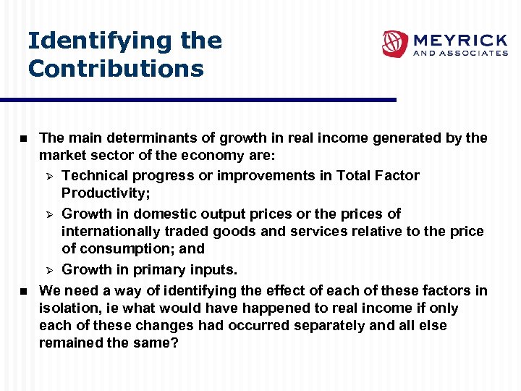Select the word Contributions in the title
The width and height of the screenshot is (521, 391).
point(116,69)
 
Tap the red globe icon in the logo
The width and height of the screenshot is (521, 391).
point(395,43)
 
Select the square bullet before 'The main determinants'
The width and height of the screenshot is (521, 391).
point(23,138)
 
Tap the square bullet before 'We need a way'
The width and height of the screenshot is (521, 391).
point(23,291)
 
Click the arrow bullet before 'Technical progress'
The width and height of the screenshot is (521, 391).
point(50,176)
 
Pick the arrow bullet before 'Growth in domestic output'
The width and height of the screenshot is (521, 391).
point(50,214)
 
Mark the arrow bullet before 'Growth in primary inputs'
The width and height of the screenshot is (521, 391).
point(50,270)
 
